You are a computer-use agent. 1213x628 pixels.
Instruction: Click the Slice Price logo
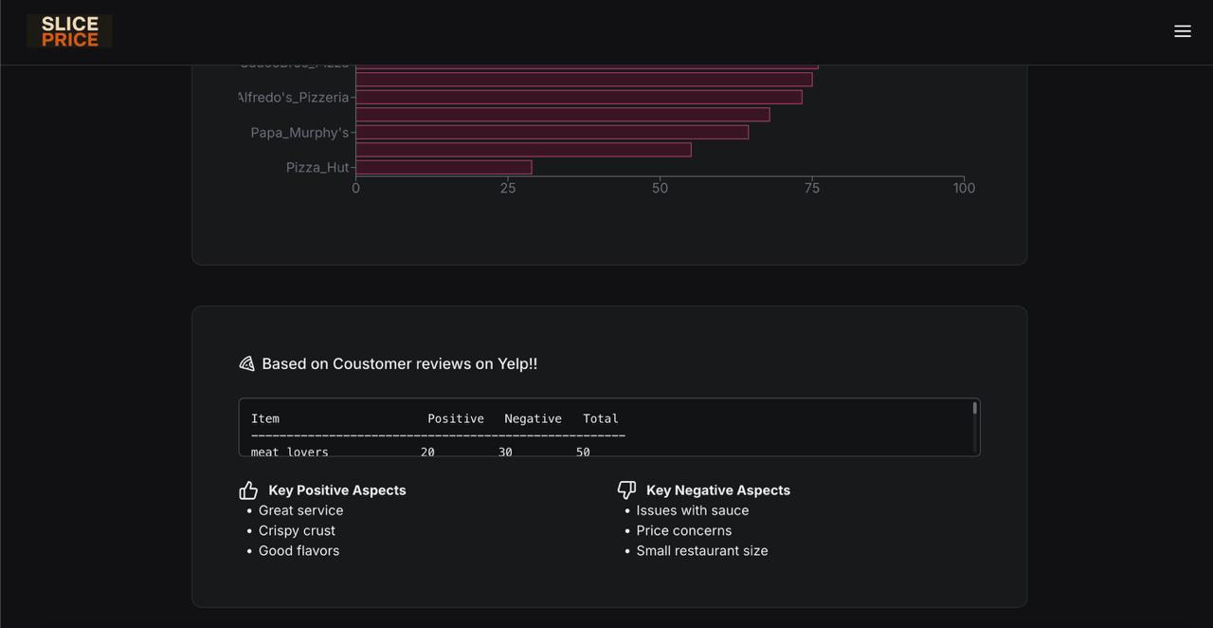(69, 31)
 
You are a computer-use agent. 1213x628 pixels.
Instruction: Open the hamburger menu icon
(1183, 31)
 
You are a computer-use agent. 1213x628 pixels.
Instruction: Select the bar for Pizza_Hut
(444, 168)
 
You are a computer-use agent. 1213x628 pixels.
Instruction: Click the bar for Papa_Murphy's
(552, 133)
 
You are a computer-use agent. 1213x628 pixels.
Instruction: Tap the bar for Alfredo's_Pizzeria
(578, 98)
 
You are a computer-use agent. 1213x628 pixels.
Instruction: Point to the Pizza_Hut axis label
(317, 168)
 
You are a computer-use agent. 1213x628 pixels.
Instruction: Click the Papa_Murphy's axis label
(299, 133)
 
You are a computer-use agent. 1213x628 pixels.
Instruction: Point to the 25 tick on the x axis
(508, 188)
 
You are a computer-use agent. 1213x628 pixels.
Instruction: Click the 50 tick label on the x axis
(660, 188)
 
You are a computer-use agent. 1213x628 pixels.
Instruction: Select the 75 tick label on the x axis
(812, 188)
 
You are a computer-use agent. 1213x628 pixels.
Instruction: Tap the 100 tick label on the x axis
(964, 188)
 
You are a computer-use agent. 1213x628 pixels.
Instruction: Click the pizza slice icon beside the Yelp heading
(247, 364)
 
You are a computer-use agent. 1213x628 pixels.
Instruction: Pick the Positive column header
(456, 418)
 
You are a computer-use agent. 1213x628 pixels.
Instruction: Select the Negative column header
(533, 418)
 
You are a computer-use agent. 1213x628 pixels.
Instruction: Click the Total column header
(601, 418)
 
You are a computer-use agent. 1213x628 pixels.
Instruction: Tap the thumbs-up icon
(248, 490)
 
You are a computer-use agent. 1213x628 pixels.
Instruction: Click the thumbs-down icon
(626, 489)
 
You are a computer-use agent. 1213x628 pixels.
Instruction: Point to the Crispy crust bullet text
(297, 530)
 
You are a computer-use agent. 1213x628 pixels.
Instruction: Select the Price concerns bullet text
(683, 530)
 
